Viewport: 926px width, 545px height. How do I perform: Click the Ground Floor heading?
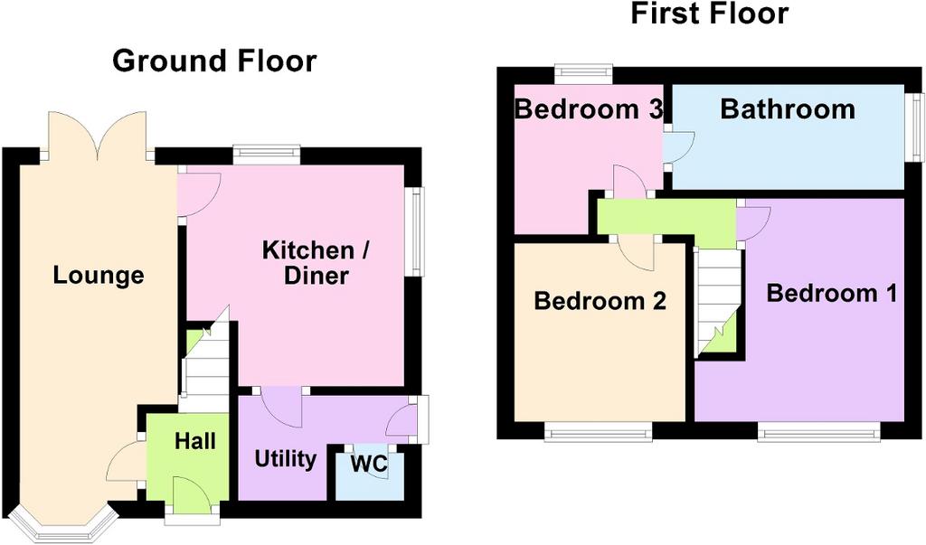click(x=214, y=61)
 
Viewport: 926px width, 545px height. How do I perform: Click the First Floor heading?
click(x=709, y=14)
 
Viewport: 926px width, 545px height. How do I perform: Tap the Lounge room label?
click(x=99, y=275)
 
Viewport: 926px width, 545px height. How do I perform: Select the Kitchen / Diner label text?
click(x=316, y=263)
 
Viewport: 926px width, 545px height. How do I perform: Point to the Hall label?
click(x=195, y=440)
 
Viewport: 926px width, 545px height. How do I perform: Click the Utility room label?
click(x=285, y=459)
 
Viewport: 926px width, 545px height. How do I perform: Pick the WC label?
click(x=369, y=464)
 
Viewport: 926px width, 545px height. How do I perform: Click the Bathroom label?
click(x=788, y=109)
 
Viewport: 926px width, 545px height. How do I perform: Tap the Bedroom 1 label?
click(x=832, y=293)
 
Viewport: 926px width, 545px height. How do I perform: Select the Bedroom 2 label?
click(x=600, y=301)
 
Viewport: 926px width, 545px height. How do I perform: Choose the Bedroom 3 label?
click(x=589, y=109)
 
